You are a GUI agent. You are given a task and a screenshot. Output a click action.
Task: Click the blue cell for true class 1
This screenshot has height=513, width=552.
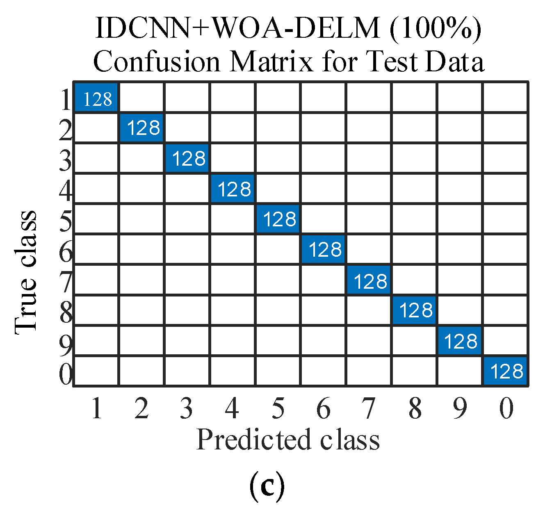[97, 98]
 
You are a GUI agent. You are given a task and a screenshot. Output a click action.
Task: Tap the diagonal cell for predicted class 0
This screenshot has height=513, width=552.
[506, 371]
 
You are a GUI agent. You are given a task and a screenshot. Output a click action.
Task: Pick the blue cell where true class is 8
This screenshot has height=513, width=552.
[415, 310]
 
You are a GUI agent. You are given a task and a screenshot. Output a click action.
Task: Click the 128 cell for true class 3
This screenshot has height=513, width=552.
[187, 158]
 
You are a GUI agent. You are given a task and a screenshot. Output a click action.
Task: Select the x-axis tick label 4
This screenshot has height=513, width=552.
[232, 408]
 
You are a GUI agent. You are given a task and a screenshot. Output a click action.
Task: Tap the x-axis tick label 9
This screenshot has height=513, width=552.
[460, 408]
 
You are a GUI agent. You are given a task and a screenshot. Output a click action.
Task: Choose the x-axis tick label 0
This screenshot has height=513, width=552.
[506, 408]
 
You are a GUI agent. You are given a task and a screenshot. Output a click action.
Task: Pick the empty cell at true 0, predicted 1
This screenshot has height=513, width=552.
[97, 371]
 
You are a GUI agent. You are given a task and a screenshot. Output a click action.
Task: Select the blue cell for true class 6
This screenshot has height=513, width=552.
[324, 249]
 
